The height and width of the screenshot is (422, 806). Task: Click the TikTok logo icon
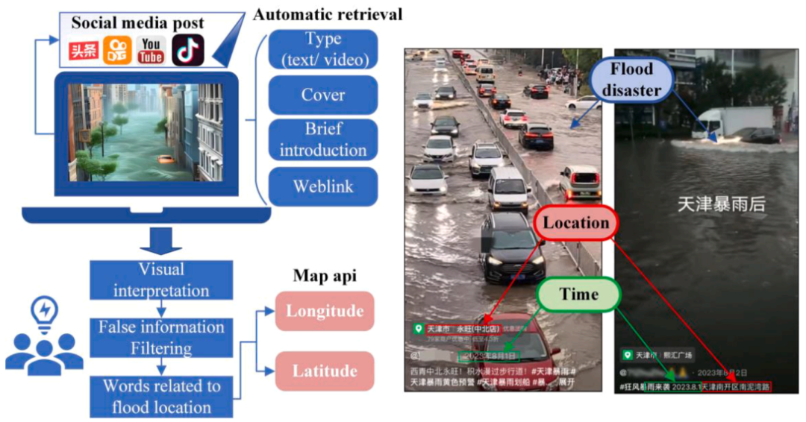point(188,51)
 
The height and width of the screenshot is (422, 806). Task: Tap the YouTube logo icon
point(151,51)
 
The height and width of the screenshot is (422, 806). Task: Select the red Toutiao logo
point(84,51)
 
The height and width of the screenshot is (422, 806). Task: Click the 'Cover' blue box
point(322,95)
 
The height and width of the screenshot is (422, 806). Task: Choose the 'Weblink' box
point(322,186)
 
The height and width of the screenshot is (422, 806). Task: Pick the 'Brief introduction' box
point(322,139)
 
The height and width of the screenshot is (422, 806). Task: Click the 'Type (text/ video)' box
point(322,49)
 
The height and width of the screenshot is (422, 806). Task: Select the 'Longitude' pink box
point(325,312)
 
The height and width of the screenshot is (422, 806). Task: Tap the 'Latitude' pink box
point(325,371)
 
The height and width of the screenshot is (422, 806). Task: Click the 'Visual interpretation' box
point(161,280)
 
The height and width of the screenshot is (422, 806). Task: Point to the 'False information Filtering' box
point(161,338)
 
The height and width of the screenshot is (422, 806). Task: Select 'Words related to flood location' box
point(161,397)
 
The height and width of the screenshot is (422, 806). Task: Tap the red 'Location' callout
point(575,223)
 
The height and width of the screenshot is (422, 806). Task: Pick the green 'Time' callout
point(578,295)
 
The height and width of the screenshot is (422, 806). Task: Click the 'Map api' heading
point(324,276)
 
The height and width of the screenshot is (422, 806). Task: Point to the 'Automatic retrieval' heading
point(328,14)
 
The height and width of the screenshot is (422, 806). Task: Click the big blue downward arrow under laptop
point(161,240)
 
